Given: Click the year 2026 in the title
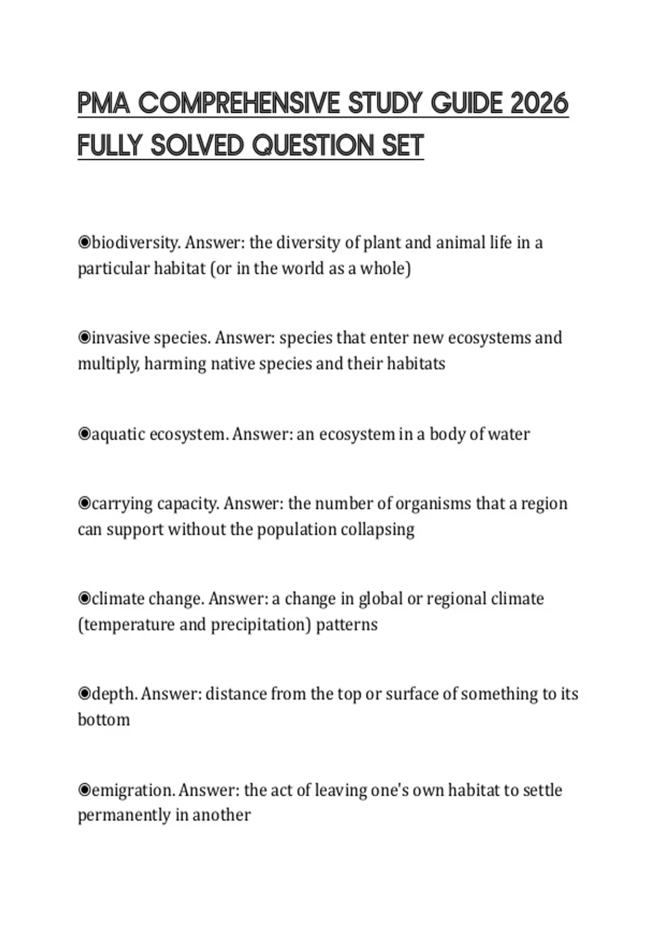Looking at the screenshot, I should (x=539, y=104).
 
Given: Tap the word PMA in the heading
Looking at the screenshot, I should (x=103, y=104).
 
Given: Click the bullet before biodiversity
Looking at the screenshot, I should (x=84, y=242).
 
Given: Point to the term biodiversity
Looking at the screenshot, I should (x=135, y=242).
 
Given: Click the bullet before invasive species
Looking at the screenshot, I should (x=84, y=337).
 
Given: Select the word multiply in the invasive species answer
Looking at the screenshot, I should (x=108, y=364).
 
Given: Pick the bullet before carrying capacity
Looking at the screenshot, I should (x=84, y=503).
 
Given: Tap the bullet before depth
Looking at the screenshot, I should (x=84, y=694).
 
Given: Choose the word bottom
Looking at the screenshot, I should (x=104, y=720).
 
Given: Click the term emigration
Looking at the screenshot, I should (x=134, y=790).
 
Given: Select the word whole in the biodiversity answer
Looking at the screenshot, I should (x=385, y=268).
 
